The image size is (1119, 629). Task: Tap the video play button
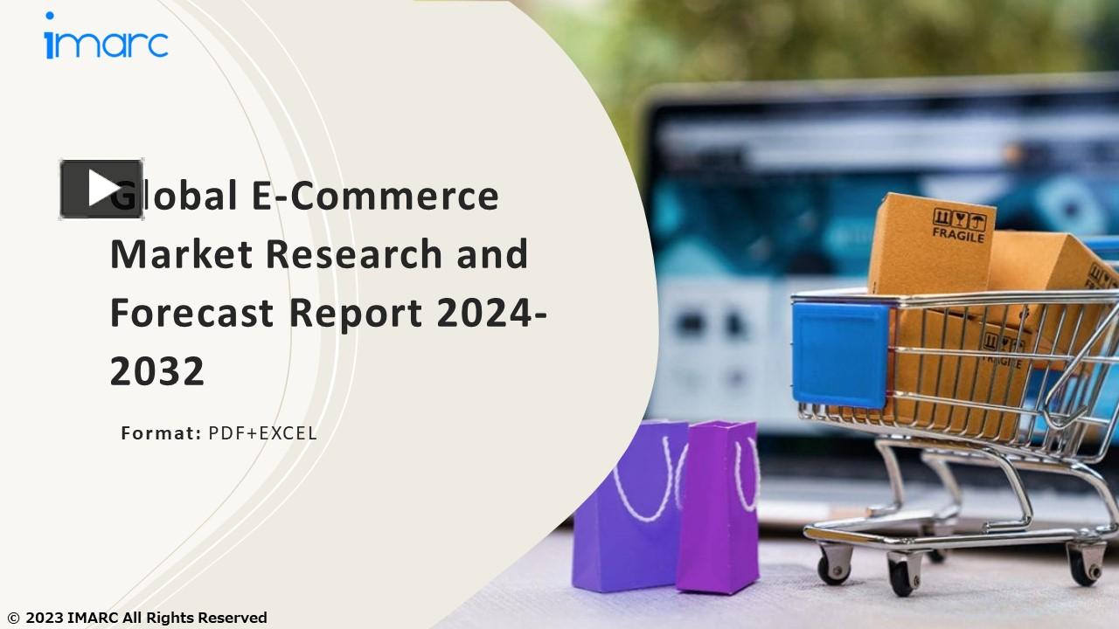click(x=101, y=189)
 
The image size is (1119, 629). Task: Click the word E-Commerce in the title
click(x=376, y=196)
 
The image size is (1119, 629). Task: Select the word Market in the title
click(x=181, y=254)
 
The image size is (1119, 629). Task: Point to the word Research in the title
click(x=353, y=254)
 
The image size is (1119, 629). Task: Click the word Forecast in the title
click(x=191, y=313)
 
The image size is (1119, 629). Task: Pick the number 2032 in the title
click(x=156, y=372)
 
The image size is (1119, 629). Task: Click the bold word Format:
click(x=161, y=432)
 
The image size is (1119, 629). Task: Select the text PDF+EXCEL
click(x=262, y=432)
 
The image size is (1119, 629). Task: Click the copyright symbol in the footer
click(x=12, y=619)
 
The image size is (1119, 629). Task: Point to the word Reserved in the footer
click(x=233, y=619)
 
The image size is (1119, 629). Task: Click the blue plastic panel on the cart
click(x=840, y=354)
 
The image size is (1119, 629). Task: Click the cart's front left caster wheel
click(x=832, y=567)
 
